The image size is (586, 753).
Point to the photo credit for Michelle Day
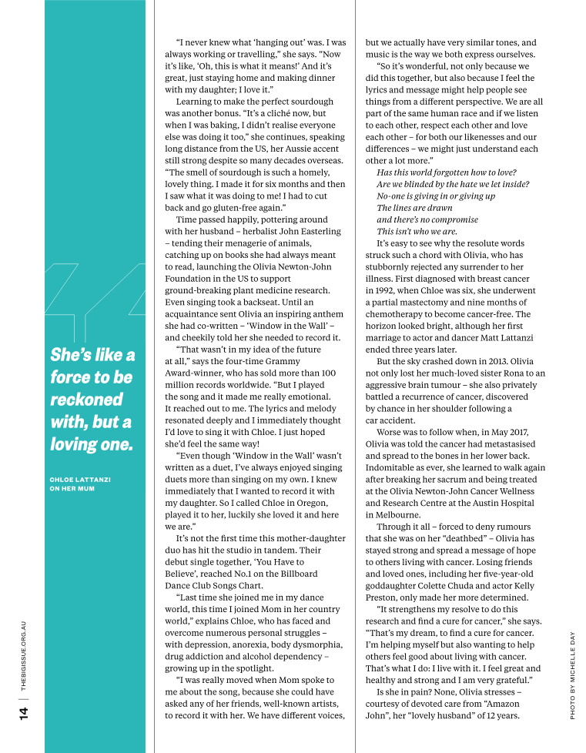click(x=572, y=674)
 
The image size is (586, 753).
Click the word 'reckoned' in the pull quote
click(x=86, y=400)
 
